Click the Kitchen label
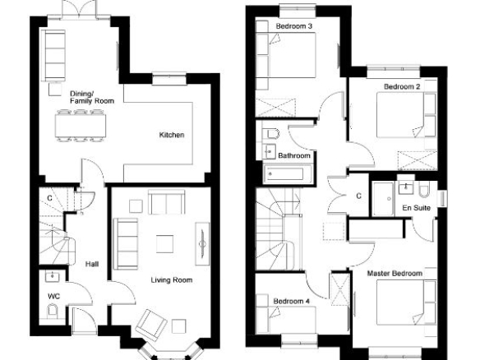click(x=172, y=135)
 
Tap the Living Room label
click(x=172, y=280)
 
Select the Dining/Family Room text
click(x=92, y=97)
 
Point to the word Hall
click(x=92, y=264)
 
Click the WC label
click(x=54, y=297)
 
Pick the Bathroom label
click(x=294, y=155)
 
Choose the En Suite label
click(x=417, y=208)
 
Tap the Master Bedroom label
click(x=395, y=274)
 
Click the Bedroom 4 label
click(x=292, y=301)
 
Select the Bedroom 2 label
click(x=402, y=86)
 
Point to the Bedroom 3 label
click(x=294, y=26)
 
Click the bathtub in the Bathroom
click(x=287, y=174)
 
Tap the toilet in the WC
click(x=53, y=311)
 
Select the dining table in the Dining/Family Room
click(x=81, y=126)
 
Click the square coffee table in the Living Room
click(x=164, y=244)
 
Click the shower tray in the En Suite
click(x=383, y=199)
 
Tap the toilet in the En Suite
click(x=425, y=190)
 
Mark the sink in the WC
click(x=53, y=277)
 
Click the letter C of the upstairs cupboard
click(x=359, y=196)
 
